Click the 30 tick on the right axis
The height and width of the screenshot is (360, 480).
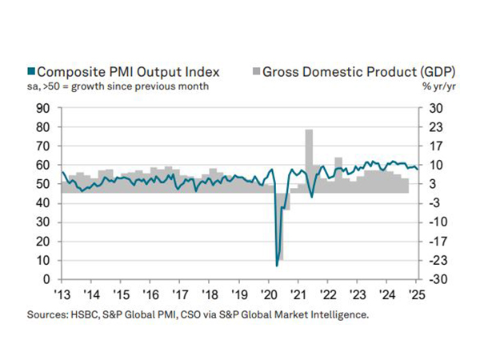pos(431,108)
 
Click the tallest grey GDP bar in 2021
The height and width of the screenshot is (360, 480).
pos(309,160)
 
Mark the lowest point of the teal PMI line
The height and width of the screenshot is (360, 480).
pos(277,265)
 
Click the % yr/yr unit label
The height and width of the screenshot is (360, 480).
pos(432,86)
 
